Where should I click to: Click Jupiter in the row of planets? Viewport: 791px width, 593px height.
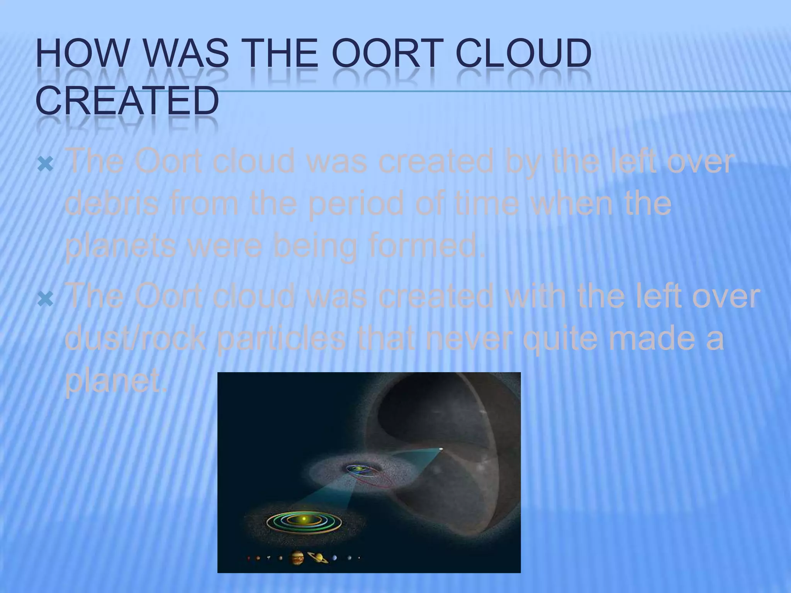click(x=296, y=557)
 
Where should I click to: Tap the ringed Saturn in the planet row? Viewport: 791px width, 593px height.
click(x=317, y=557)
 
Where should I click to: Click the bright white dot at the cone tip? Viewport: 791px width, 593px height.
click(x=441, y=449)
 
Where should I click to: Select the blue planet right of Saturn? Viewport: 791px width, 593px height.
click(x=334, y=557)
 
